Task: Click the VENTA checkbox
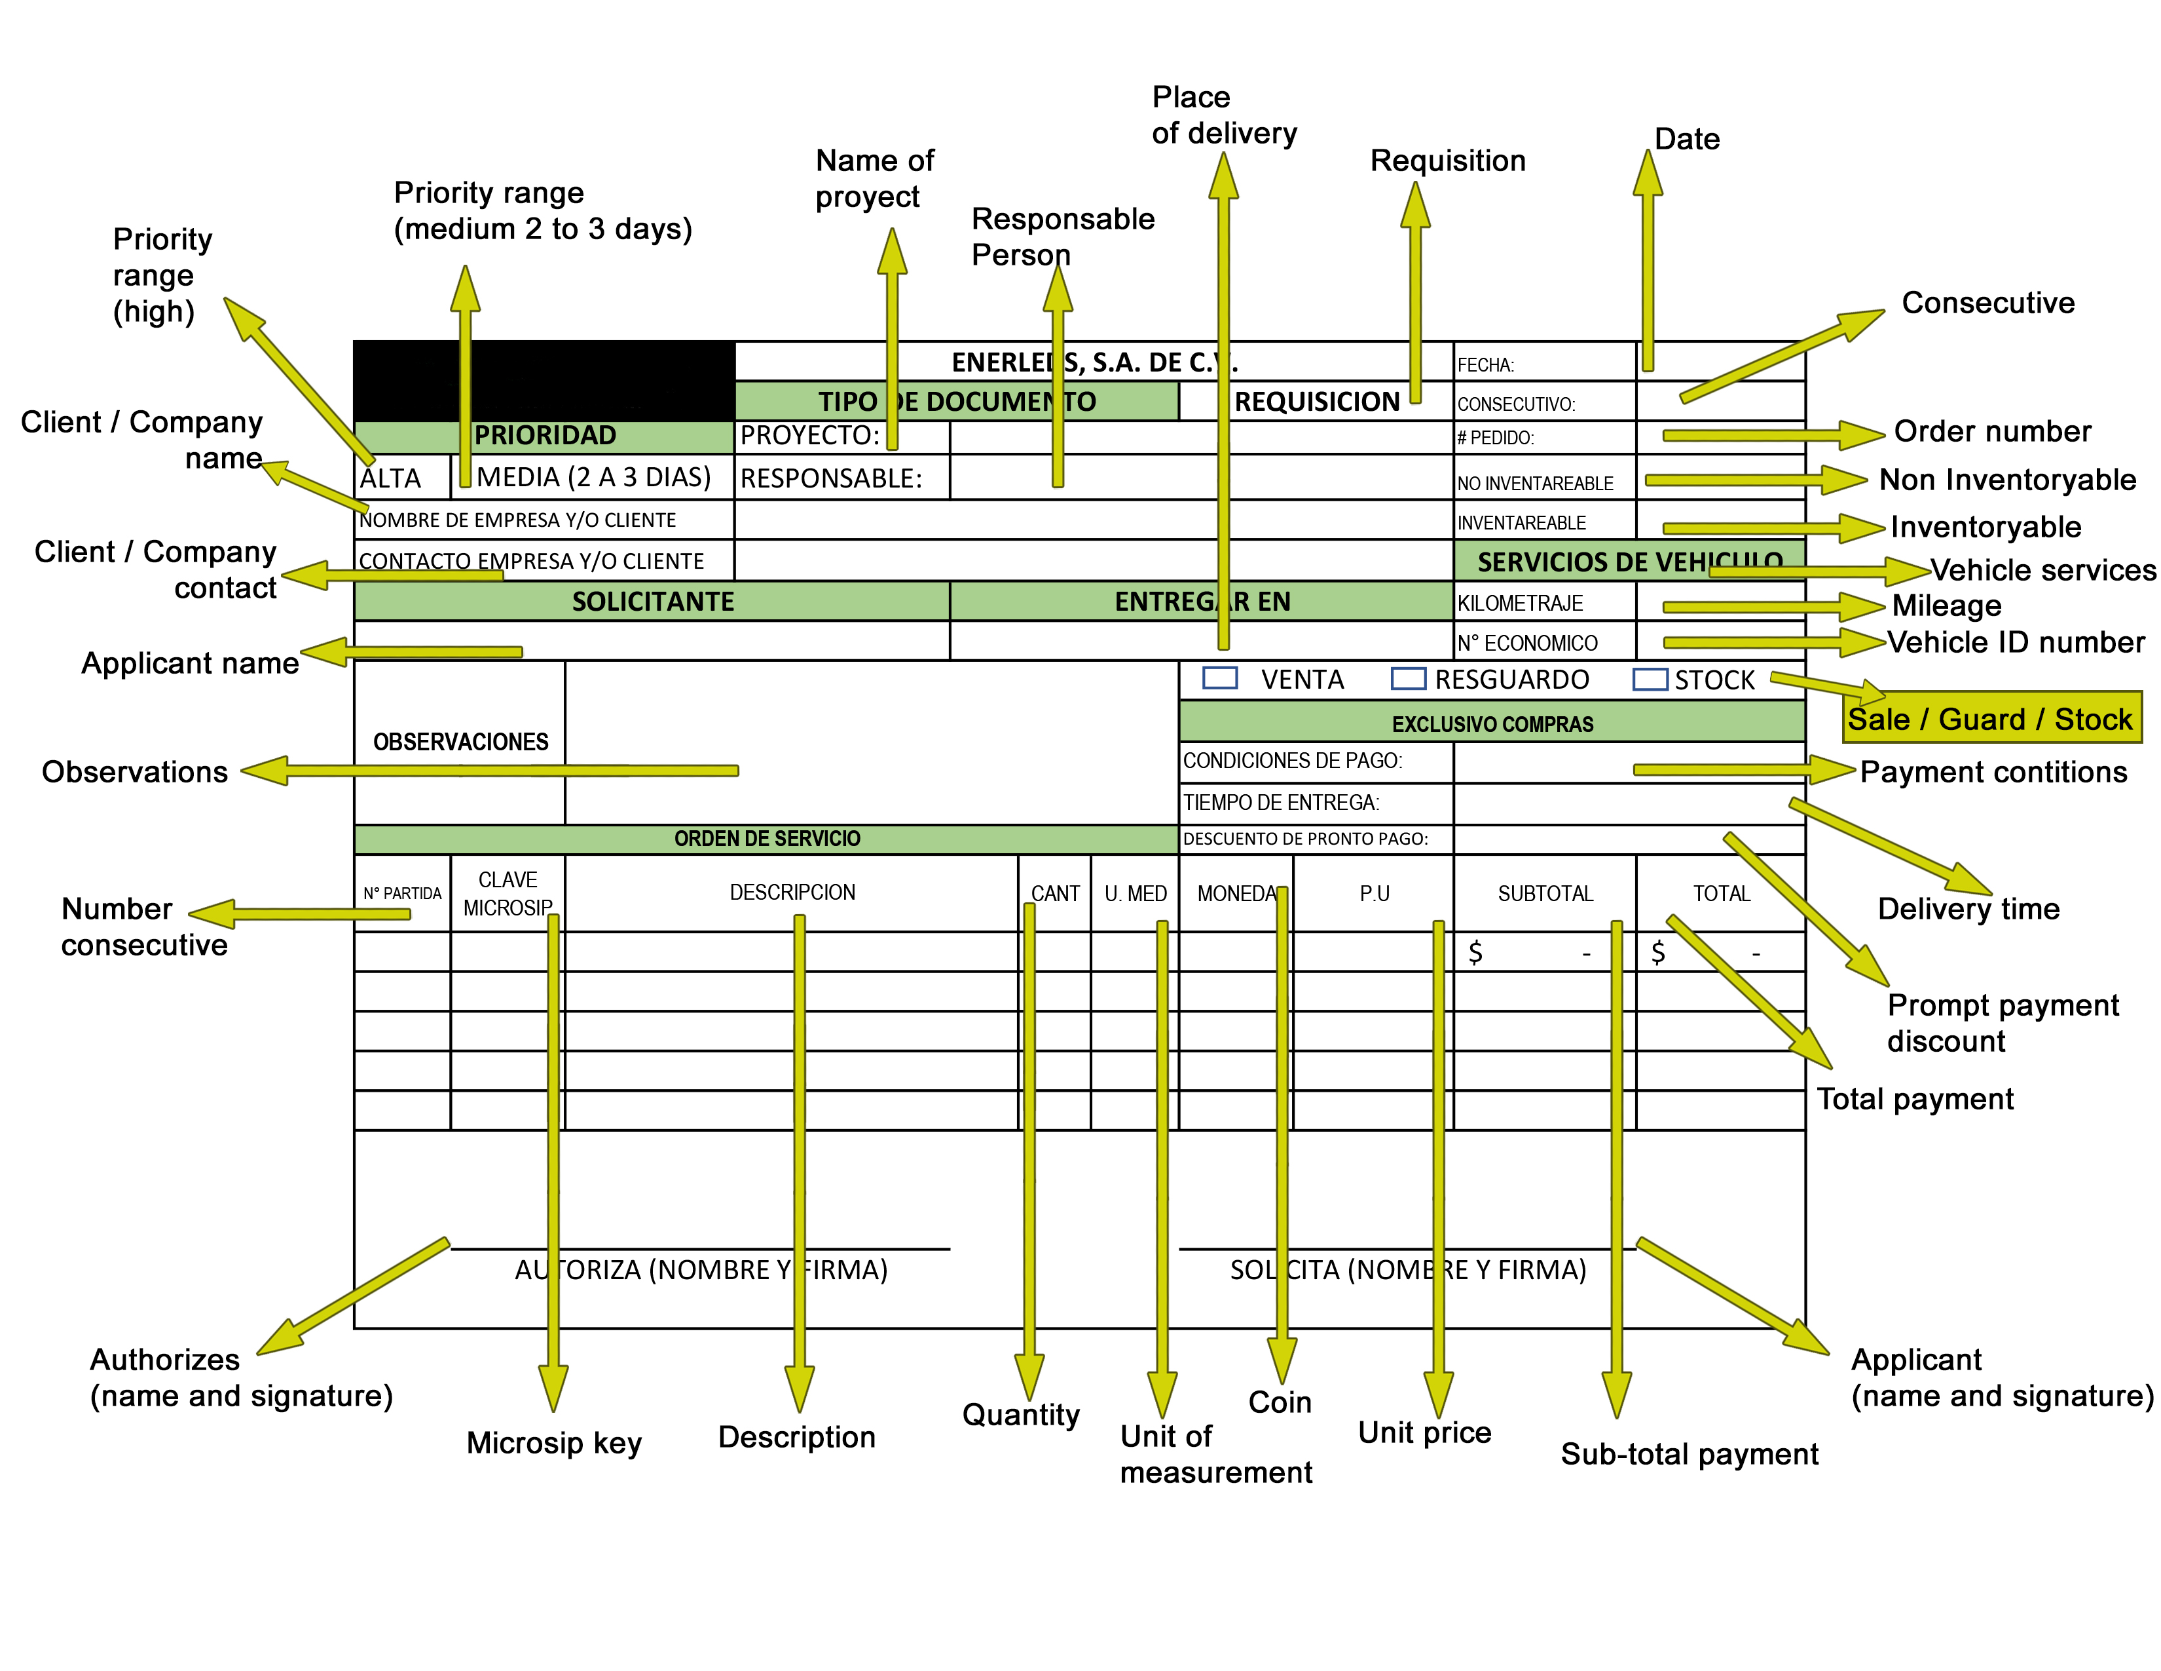1220,678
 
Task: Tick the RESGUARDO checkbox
1408,678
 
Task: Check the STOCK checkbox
1650,679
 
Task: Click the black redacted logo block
544,381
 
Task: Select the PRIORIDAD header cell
544,436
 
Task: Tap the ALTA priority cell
401,477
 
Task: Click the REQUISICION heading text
1317,401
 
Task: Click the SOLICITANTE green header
652,601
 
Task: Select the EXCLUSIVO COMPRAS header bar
1492,723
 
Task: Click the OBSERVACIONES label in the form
460,741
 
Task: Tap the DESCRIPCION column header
792,892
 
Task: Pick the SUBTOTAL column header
1545,893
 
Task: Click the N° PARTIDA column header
401,893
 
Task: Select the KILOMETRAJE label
1520,603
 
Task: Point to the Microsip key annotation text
554,1442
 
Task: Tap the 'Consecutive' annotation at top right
1988,302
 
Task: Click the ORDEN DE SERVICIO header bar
767,839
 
